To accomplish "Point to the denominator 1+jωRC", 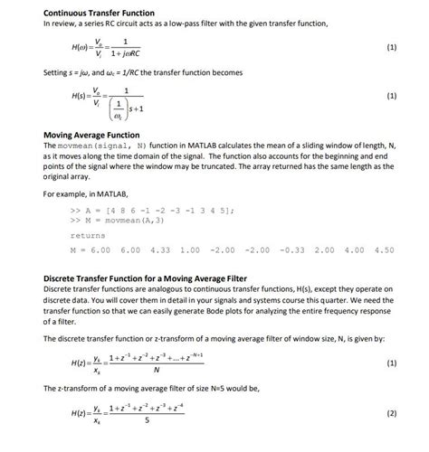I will click(x=131, y=53).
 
